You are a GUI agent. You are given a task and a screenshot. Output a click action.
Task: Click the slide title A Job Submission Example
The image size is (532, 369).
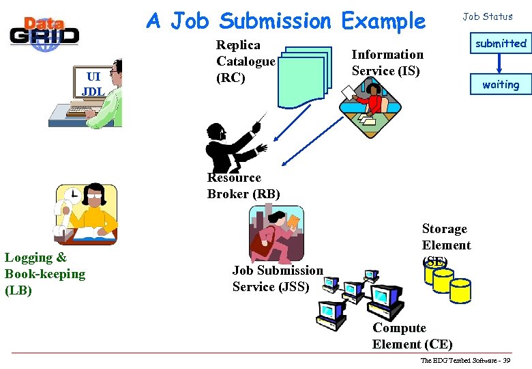pos(286,21)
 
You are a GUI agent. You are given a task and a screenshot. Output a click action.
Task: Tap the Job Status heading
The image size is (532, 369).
pos(488,16)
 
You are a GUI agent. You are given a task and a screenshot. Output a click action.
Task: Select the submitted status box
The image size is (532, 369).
pos(501,44)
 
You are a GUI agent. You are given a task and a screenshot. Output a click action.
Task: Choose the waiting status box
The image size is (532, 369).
pos(501,85)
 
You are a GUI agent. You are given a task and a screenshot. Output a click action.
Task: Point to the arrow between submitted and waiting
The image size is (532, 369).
pos(501,64)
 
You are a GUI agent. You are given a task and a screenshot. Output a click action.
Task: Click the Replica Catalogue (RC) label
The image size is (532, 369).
pos(245,61)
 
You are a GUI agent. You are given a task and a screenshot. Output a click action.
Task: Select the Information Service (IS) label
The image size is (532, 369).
pos(387,62)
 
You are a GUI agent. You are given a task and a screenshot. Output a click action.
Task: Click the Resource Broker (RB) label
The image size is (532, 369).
pos(243,186)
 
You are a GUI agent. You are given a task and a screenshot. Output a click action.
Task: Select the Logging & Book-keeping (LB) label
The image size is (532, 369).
pos(45,274)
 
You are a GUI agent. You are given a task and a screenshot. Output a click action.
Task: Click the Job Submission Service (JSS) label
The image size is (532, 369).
pos(278,279)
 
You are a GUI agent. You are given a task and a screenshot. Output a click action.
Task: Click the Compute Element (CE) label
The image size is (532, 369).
pos(412,336)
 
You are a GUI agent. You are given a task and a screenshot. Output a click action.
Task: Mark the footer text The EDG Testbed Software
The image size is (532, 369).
pos(464,360)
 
